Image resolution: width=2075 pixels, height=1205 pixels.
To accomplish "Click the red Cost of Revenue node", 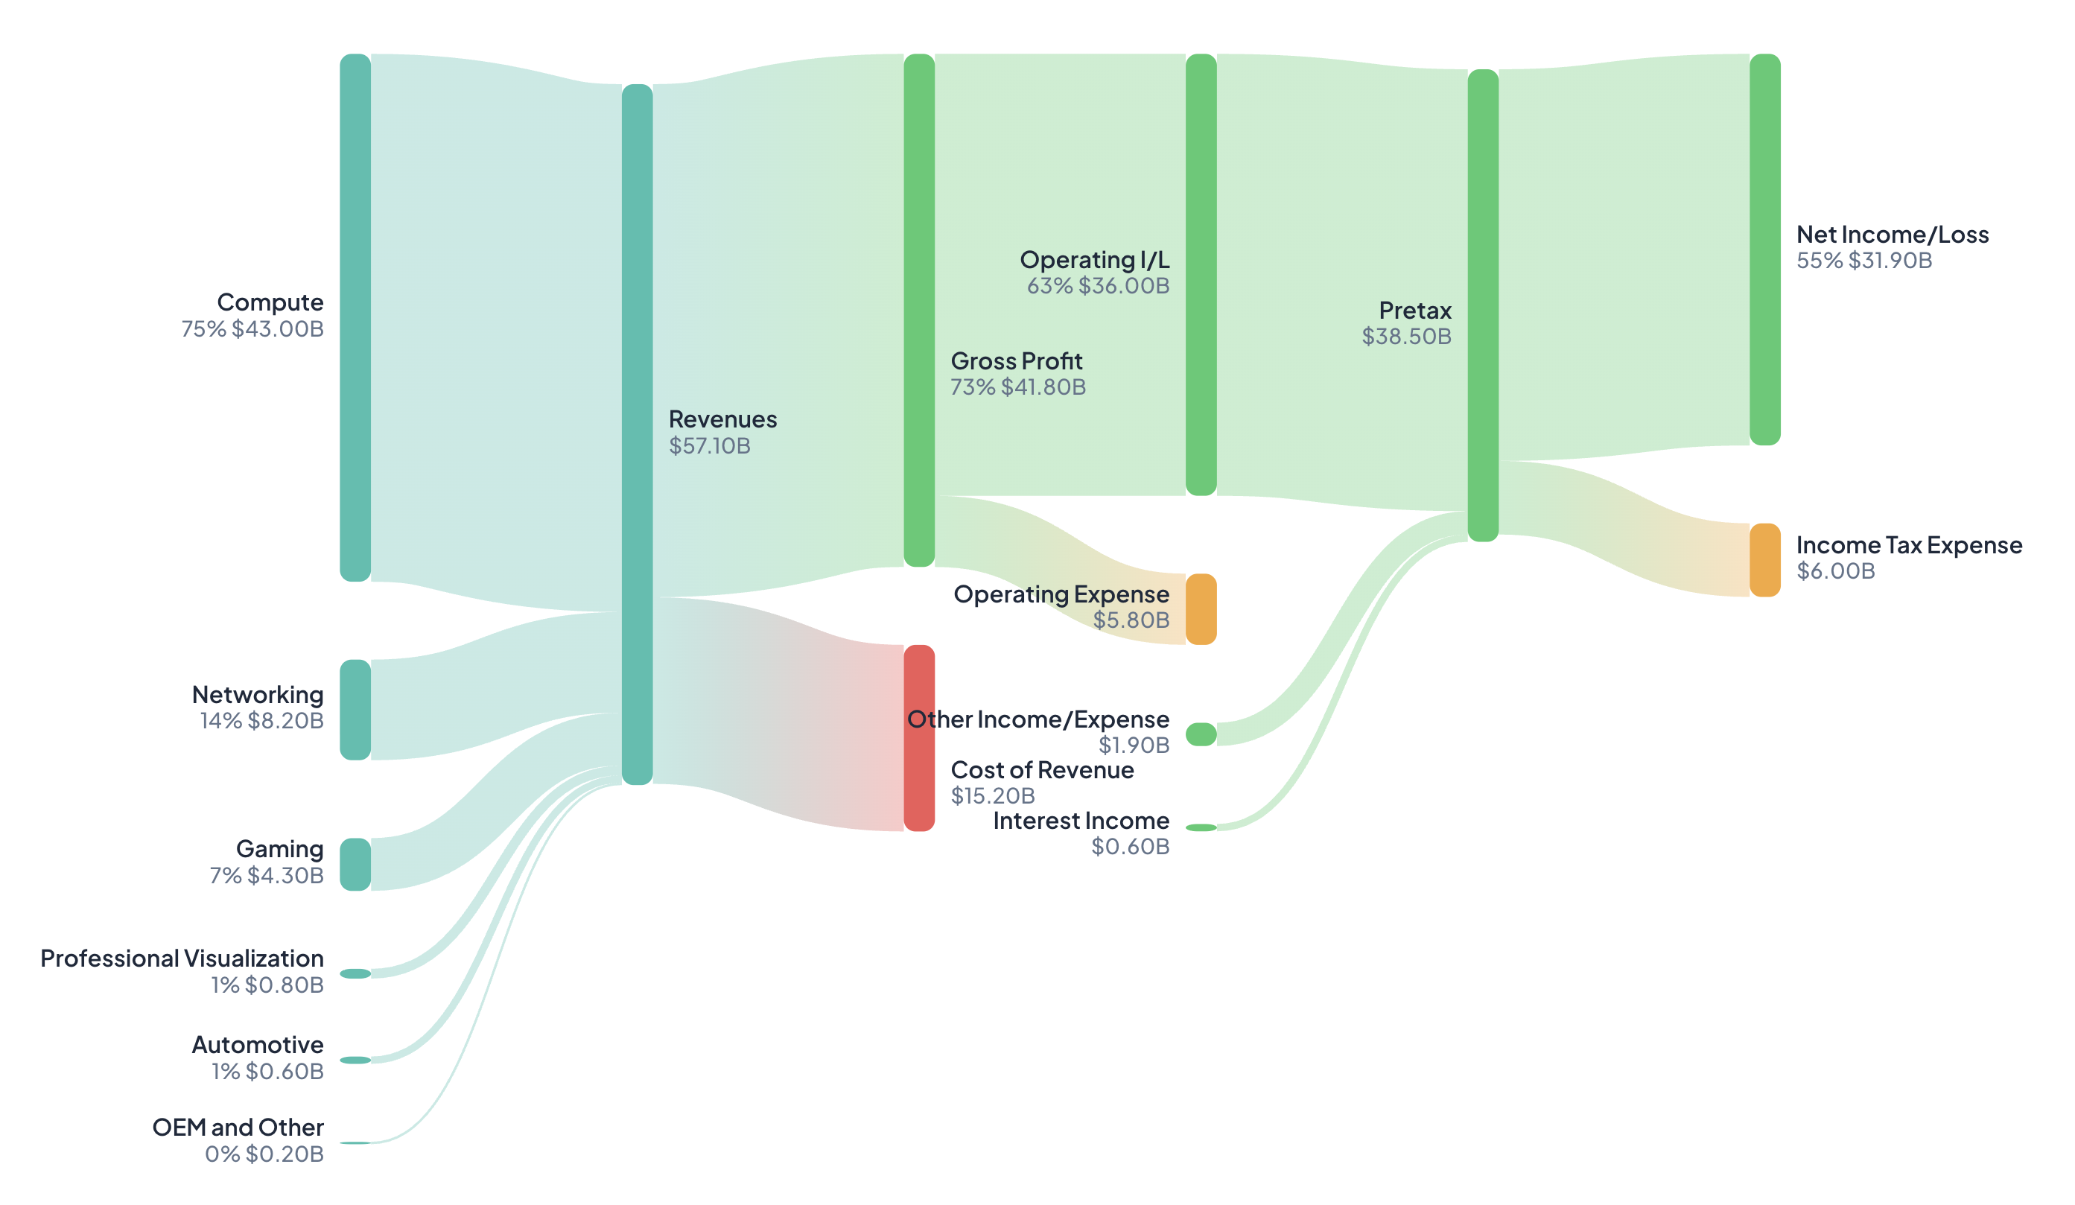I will pos(919,737).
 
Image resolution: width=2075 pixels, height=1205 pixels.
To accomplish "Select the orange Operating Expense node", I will pos(1201,609).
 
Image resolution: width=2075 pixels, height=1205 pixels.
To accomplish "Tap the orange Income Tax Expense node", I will pos(1764,560).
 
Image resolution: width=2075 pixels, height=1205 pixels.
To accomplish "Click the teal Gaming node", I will pos(355,864).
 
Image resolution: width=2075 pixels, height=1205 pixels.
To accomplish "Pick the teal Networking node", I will pos(355,710).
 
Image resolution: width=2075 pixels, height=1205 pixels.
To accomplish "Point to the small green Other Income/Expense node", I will pos(1201,734).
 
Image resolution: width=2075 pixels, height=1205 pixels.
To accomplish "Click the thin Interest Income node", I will pos(1201,828).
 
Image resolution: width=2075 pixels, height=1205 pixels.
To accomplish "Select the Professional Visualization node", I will pos(355,973).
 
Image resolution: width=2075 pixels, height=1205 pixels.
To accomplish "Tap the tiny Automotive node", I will pos(355,1060).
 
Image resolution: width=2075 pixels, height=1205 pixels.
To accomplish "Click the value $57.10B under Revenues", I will pos(709,446).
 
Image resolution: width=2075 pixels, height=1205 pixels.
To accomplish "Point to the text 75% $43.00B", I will pos(252,329).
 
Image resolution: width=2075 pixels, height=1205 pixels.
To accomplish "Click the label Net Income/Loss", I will pos(1893,235).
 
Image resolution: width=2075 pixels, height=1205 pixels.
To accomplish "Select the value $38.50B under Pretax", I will pos(1406,337).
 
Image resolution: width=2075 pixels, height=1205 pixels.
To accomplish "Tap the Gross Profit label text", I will pos(1016,360).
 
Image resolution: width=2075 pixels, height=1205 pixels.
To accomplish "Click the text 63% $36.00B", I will pos(1098,286).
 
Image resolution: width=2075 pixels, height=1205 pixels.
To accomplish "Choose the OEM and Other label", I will pos(238,1127).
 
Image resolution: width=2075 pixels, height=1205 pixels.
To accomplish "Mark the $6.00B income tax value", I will pos(1835,571).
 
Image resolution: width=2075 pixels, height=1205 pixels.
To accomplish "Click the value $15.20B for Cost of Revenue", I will pos(992,796).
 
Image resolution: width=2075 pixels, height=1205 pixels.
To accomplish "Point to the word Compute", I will pos(270,302).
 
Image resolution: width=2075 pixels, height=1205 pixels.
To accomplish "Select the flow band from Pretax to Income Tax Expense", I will pos(1622,527).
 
